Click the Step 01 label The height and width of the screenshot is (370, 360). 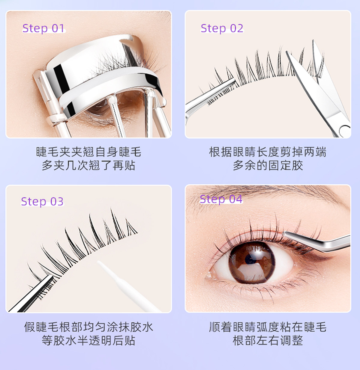[43, 28]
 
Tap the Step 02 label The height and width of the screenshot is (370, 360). [222, 28]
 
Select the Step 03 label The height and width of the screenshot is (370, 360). [42, 202]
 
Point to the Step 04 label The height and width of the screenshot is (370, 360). [221, 199]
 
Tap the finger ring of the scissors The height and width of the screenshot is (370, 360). [345, 131]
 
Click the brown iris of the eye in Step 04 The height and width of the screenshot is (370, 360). [252, 262]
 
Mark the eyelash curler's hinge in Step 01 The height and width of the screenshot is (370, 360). [56, 119]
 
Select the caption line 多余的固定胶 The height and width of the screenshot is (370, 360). [268, 165]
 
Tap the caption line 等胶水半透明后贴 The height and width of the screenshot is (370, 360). [88, 340]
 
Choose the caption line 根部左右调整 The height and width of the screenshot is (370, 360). [268, 340]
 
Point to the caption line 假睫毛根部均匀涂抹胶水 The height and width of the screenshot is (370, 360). [89, 327]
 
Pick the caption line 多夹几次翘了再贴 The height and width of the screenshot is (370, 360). [88, 165]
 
